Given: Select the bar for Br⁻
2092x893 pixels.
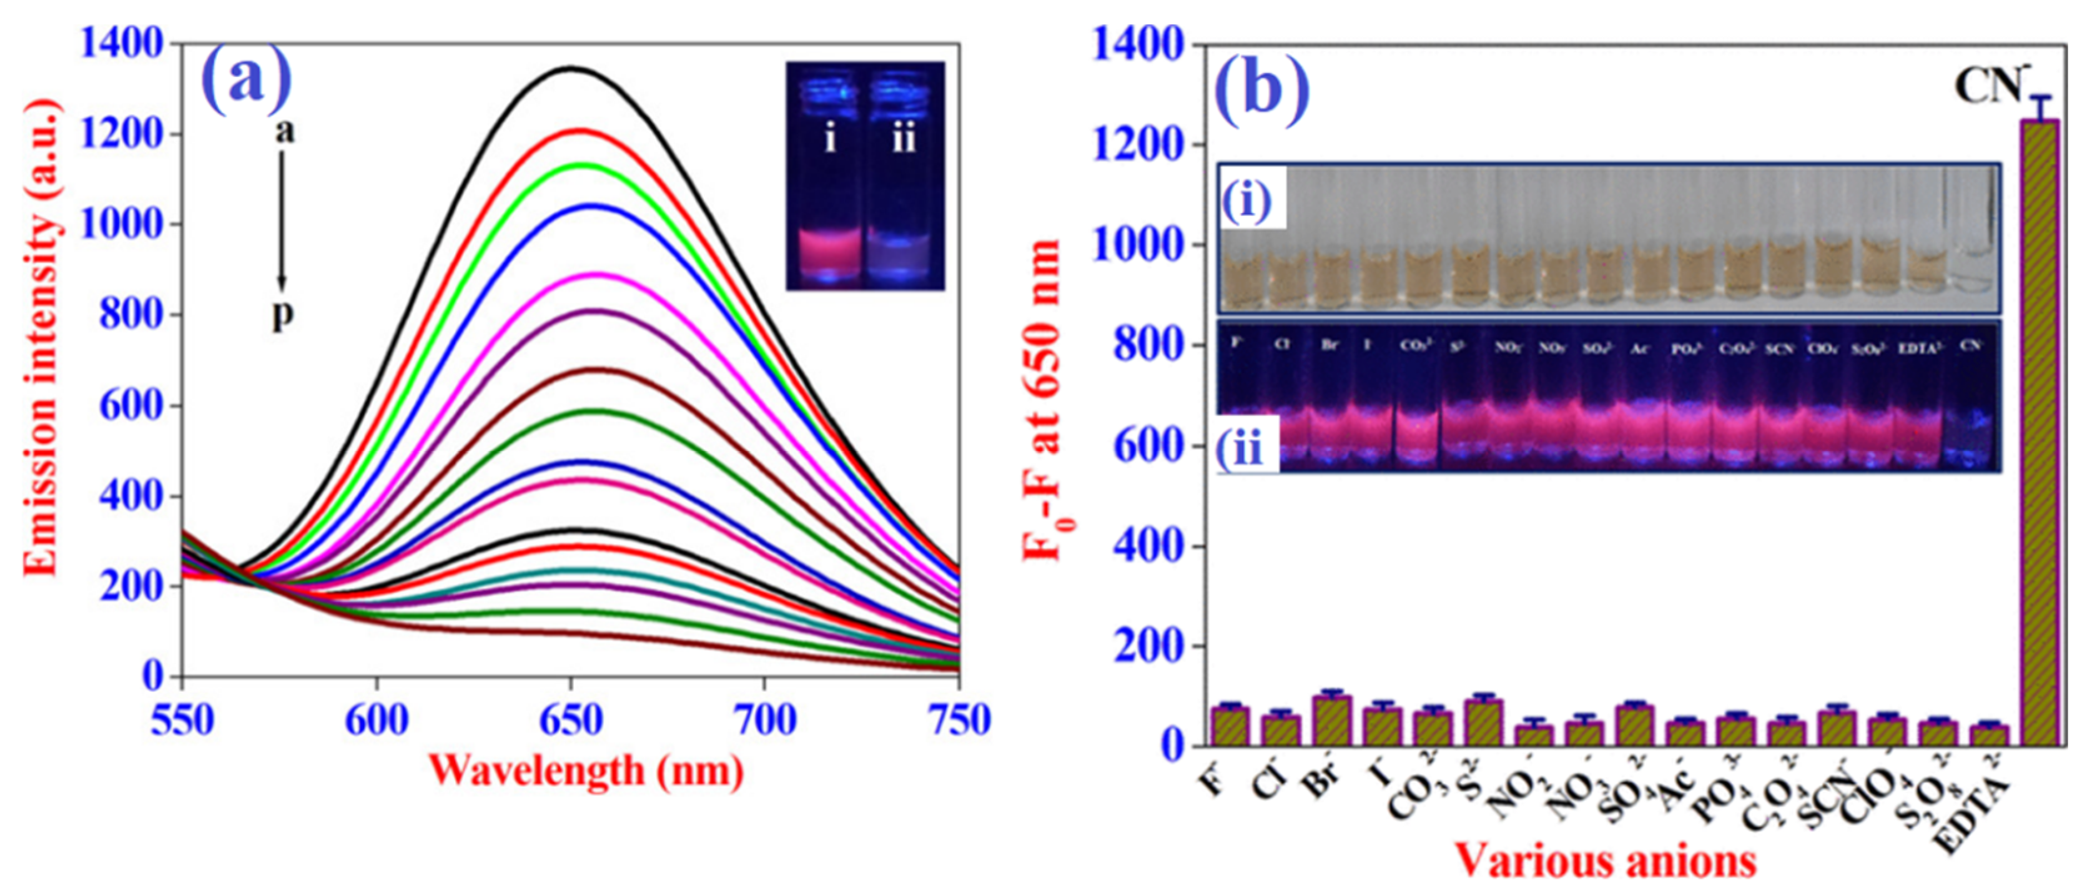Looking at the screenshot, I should [1332, 721].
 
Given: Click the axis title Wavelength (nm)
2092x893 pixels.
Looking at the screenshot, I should [586, 769].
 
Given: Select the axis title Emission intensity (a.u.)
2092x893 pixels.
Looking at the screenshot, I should [41, 337].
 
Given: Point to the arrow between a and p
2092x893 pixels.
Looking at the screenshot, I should [282, 219].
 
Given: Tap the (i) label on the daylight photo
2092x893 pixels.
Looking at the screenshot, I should [1249, 198].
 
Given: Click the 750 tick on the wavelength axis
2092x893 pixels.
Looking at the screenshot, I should [960, 721].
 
